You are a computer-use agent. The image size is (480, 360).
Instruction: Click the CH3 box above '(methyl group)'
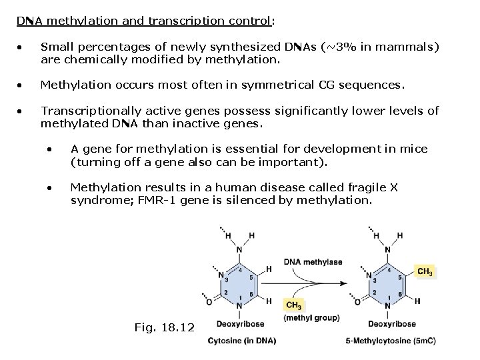(292, 305)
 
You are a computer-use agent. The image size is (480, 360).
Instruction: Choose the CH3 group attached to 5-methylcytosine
(425, 271)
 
